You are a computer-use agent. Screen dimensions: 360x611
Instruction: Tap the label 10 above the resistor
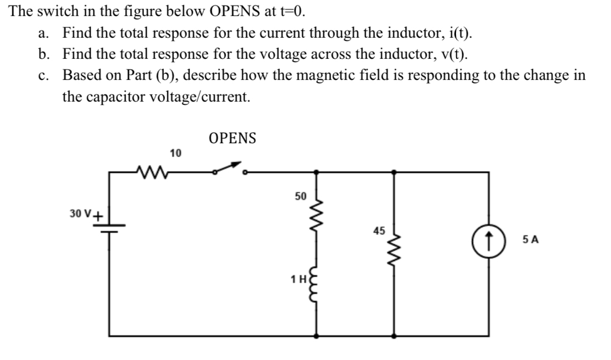coord(176,153)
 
